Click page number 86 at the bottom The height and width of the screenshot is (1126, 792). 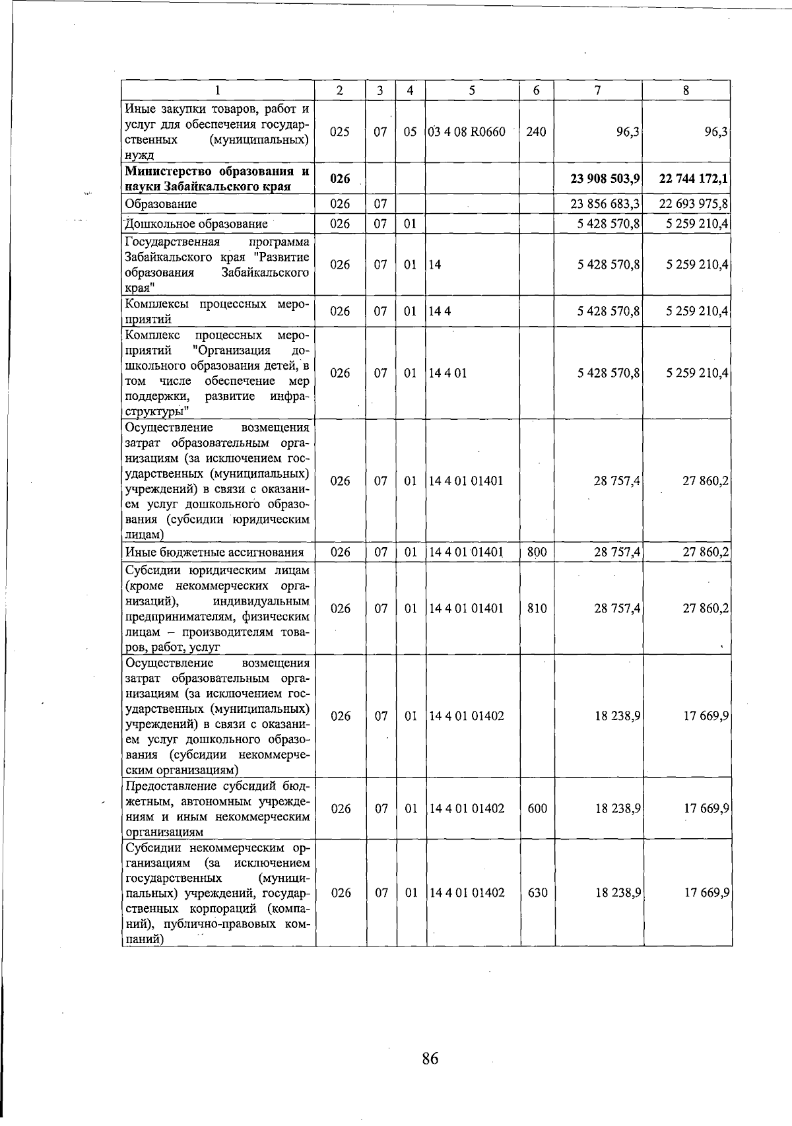click(430, 1059)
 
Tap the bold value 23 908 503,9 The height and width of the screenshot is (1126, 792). click(605, 178)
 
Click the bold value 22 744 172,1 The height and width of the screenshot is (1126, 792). click(693, 178)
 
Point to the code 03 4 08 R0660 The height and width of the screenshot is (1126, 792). click(467, 131)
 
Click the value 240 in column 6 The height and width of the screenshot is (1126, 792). click(537, 131)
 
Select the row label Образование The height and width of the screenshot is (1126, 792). click(161, 204)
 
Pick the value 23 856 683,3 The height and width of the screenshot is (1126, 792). click(605, 204)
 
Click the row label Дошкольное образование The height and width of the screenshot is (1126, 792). click(196, 224)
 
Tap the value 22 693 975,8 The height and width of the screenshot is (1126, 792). click(694, 204)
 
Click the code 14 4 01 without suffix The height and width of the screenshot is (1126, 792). click(447, 373)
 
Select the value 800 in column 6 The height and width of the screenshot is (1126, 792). click(537, 552)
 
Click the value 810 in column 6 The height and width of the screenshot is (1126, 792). click(537, 609)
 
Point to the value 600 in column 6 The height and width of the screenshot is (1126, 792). click(537, 809)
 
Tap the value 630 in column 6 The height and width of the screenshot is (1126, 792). click(537, 893)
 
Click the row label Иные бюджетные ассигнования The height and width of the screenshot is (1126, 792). click(214, 552)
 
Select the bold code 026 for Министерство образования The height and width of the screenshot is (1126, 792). click(340, 178)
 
